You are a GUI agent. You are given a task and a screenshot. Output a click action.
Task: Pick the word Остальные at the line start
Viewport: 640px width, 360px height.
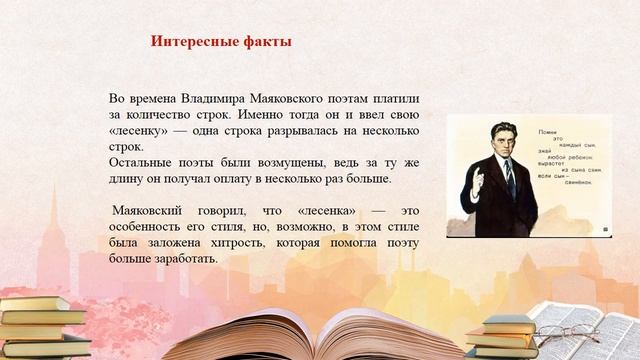141,163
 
